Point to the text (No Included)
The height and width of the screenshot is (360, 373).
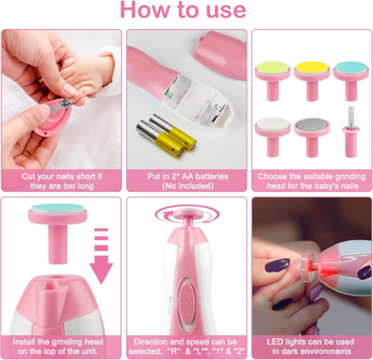click(x=186, y=185)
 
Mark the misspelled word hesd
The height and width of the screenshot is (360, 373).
click(x=269, y=185)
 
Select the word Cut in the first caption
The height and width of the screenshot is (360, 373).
click(x=28, y=176)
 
